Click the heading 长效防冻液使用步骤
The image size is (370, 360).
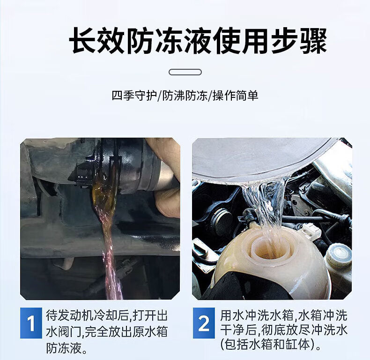tap(198, 41)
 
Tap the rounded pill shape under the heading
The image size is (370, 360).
tap(185, 72)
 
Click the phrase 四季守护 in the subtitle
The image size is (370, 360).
tap(134, 96)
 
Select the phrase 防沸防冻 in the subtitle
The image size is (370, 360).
tap(185, 96)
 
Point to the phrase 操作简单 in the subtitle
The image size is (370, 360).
tap(236, 96)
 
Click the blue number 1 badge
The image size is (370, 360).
tap(31, 323)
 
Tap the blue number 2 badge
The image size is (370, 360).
tap(204, 323)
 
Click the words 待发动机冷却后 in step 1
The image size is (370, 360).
tap(87, 316)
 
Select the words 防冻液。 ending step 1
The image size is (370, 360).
tap(67, 348)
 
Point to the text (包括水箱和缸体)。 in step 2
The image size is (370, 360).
tap(271, 345)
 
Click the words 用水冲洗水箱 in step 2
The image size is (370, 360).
tap(257, 316)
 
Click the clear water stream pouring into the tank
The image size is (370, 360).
tap(266, 207)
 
